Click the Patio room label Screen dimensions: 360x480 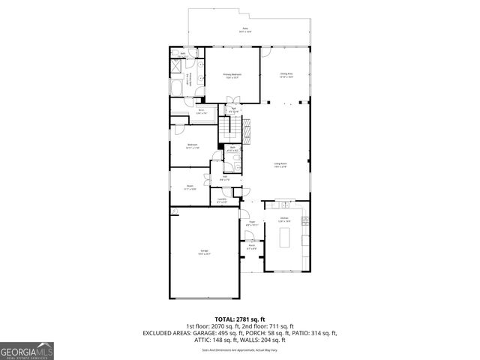coord(244,29)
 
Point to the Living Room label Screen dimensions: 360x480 coord(280,165)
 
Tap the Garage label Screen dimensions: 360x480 coord(204,253)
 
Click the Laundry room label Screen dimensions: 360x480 coord(222,200)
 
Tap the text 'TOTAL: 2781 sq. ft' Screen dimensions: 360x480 coord(240,319)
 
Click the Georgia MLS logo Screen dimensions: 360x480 coord(26,350)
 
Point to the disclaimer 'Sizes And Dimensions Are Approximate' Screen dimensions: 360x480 coord(240,349)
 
